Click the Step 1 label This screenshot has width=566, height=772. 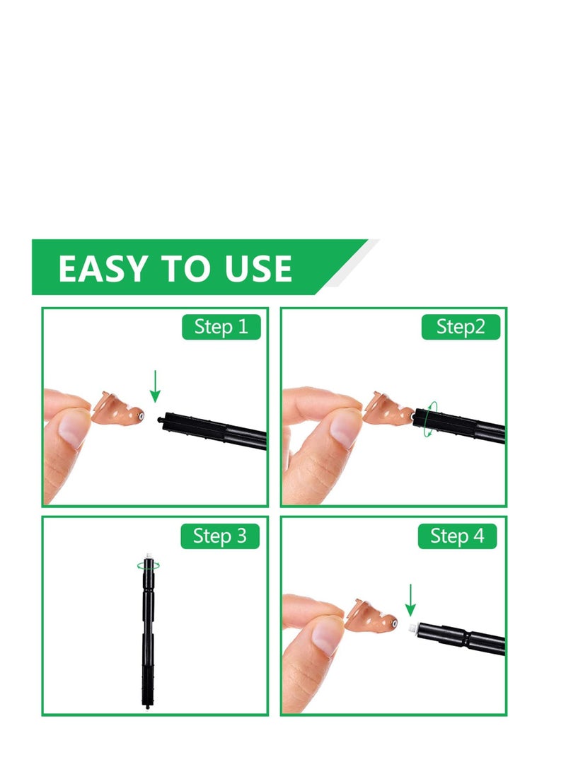coord(221,327)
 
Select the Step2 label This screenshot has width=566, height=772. coord(461,327)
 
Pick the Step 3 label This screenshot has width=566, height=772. coord(221,536)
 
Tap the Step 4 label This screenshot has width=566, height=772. coord(458,536)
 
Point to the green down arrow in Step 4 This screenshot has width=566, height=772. coord(410,599)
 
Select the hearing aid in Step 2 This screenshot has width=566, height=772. coord(388,410)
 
